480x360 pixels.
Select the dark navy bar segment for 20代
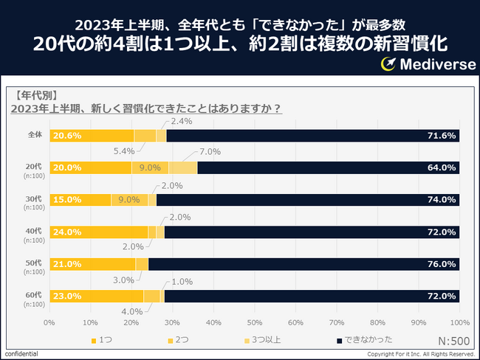pyautogui.click(x=328, y=167)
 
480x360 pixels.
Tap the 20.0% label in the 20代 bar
pyautogui.click(x=67, y=167)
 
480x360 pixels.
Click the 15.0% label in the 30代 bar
pyautogui.click(x=67, y=200)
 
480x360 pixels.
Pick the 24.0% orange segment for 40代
pyautogui.click(x=98, y=232)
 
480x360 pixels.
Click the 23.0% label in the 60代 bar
pyautogui.click(x=67, y=296)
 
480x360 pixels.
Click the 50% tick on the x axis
pyautogui.click(x=254, y=322)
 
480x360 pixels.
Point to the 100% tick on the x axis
pyautogui.click(x=459, y=322)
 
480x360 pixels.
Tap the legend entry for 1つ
pyautogui.click(x=104, y=340)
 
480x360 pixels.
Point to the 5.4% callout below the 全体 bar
pyautogui.click(x=122, y=151)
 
